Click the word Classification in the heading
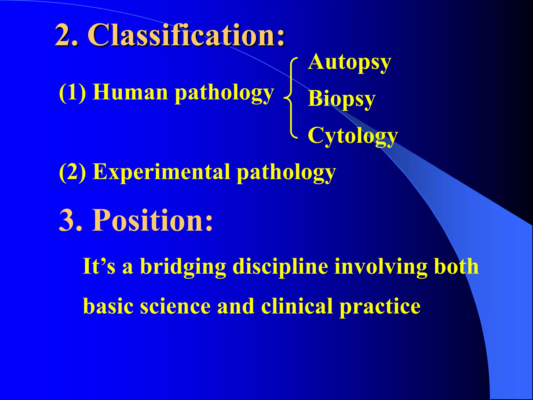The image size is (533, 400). tap(186, 35)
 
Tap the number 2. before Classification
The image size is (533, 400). tap(67, 35)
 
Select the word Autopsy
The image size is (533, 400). tap(349, 63)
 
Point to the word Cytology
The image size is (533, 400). tap(353, 136)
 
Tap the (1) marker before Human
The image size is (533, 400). tap(73, 93)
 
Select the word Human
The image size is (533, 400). tap(130, 93)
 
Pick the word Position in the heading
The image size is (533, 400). tap(152, 220)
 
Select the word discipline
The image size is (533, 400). tap(280, 267)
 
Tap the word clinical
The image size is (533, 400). tap(297, 306)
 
